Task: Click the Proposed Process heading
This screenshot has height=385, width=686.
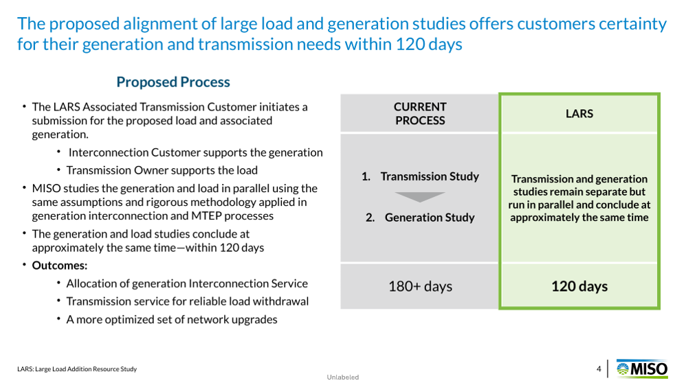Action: click(x=173, y=82)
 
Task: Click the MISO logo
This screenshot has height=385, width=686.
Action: click(x=642, y=369)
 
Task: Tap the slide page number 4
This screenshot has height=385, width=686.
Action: click(x=599, y=369)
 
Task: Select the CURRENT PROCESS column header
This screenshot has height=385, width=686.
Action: click(x=420, y=114)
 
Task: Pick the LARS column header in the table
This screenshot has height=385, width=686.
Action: click(x=579, y=114)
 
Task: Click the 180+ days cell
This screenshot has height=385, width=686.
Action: click(x=420, y=286)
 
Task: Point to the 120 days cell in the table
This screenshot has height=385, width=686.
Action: click(x=579, y=286)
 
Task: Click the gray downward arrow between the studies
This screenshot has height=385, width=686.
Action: click(x=420, y=197)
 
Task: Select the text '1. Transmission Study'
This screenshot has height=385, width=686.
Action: click(x=420, y=176)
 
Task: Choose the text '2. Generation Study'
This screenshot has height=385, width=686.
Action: click(x=420, y=217)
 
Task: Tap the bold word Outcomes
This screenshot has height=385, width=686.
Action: click(x=60, y=266)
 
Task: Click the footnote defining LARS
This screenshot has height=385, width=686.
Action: click(x=77, y=369)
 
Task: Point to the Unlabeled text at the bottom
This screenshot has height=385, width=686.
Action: click(x=342, y=377)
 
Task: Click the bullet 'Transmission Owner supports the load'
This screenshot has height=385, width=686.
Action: click(x=162, y=170)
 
